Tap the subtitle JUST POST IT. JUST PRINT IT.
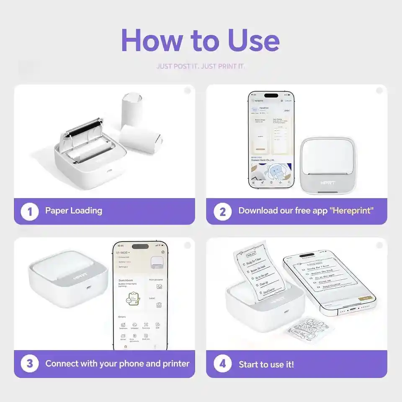201,66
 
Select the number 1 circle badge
30,211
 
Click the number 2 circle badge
222,211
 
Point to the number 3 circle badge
30,363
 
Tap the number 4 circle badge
222,363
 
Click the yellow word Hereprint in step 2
352,211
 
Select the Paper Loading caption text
74,211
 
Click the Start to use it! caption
266,364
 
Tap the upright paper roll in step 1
133,111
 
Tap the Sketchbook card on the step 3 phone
129,293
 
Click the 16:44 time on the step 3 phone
121,246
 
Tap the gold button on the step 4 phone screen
364,299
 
